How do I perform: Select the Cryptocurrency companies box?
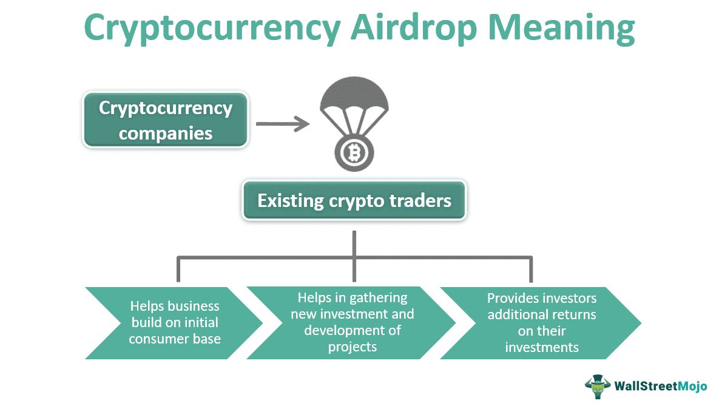[166, 120]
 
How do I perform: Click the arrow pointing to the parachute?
[282, 124]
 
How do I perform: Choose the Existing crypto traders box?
[354, 200]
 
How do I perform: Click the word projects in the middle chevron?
[353, 347]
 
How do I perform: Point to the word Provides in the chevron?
[514, 299]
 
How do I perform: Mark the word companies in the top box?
[166, 132]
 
